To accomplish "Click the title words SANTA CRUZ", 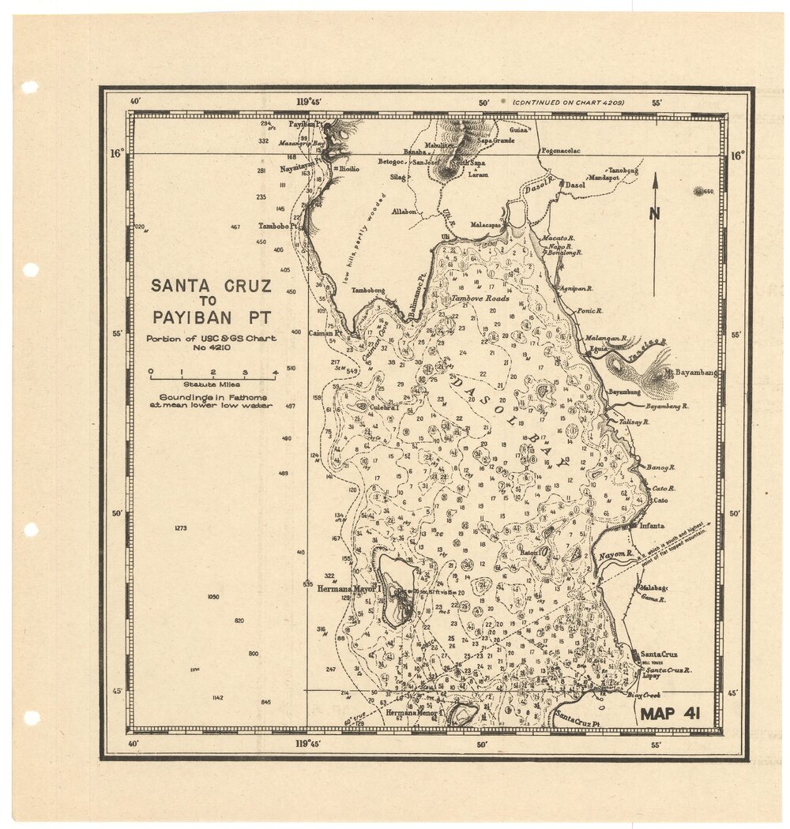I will click(211, 286).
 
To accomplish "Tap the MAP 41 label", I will click(670, 714).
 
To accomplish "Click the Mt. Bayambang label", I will click(690, 372).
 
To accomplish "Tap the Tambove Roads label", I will click(480, 299).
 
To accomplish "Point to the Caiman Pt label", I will click(324, 333).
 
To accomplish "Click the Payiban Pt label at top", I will click(305, 125).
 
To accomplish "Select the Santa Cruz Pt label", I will click(577, 718).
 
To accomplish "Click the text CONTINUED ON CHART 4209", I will click(568, 103).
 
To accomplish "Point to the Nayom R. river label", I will click(615, 555).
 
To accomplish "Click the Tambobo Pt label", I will click(278, 226).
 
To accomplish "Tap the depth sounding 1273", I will click(180, 528).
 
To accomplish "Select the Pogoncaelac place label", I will click(560, 151).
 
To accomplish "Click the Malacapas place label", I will click(486, 224).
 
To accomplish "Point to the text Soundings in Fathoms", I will click(211, 398).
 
